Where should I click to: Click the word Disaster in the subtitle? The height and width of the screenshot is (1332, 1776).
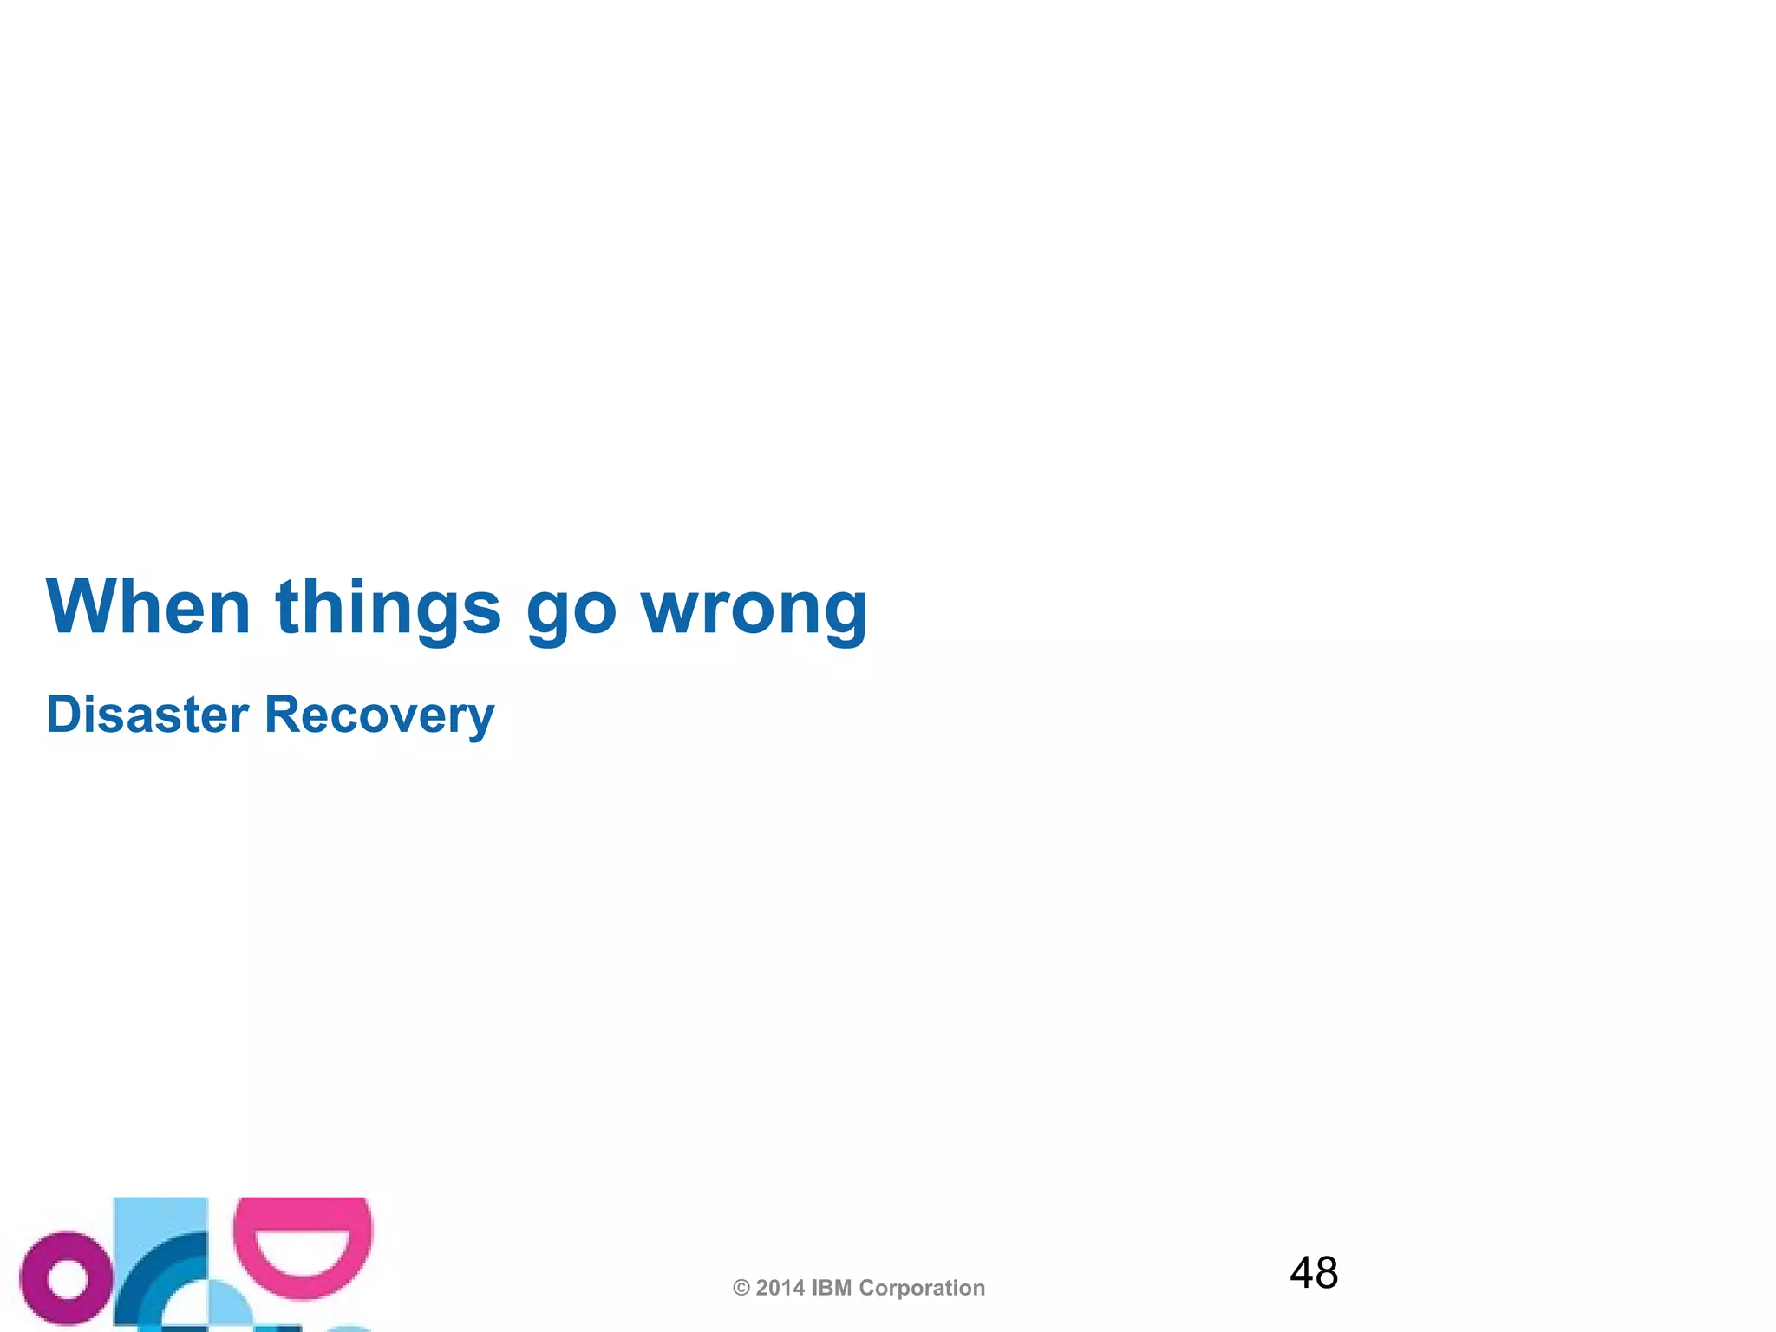coord(147,715)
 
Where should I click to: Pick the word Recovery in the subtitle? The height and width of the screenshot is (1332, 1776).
coord(379,716)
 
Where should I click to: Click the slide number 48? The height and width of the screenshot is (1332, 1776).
coord(1314,1273)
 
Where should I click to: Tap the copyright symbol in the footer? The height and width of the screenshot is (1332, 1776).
coord(741,1289)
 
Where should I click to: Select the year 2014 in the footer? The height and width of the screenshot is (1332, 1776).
coord(780,1289)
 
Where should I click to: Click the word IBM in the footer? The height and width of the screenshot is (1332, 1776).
coord(832,1289)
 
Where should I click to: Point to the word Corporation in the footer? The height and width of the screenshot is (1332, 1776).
coord(922,1289)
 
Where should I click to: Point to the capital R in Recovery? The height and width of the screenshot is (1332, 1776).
coord(283,715)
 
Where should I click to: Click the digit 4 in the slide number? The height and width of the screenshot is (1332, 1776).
coord(1302,1273)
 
